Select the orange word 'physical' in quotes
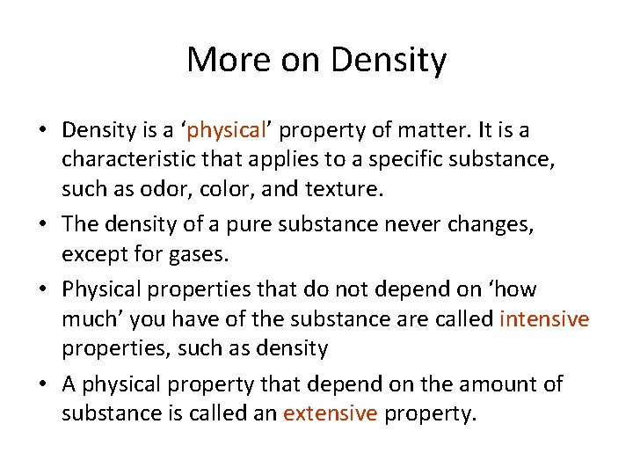[227, 131]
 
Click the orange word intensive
[543, 319]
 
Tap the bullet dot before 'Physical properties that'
[43, 289]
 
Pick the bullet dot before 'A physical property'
[43, 384]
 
